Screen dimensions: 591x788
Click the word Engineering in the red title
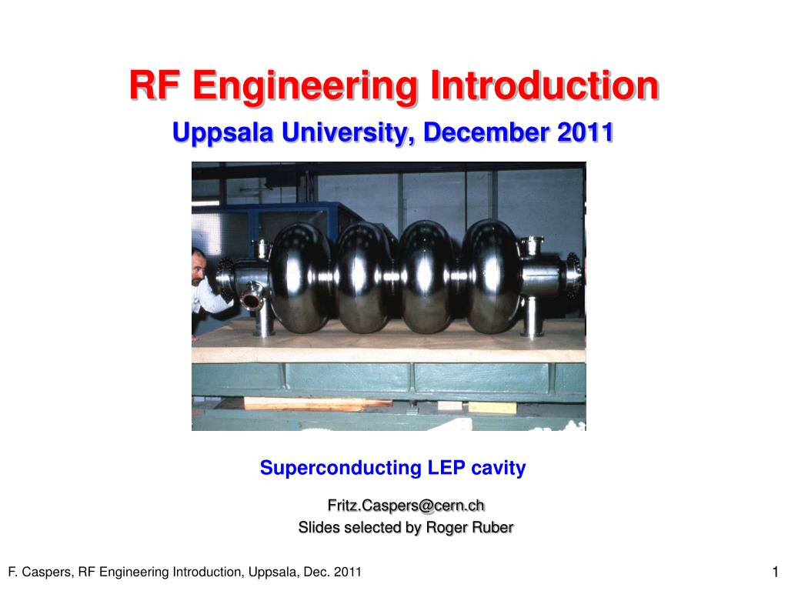point(308,86)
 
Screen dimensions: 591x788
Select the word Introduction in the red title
point(544,85)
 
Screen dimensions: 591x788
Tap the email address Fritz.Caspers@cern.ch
point(406,506)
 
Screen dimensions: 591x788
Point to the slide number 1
point(775,571)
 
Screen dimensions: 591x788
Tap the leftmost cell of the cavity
point(300,277)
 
